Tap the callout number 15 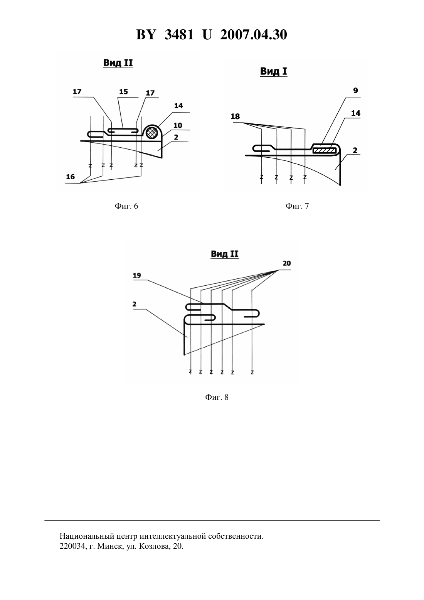123,92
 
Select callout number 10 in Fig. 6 178,125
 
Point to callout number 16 71,177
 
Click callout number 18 235,116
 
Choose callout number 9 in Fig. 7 355,91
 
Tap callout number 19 137,275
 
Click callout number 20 287,263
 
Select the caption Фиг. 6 126,206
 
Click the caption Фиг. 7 297,206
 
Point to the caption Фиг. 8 217,397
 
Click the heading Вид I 274,71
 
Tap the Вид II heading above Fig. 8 225,254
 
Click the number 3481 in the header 179,35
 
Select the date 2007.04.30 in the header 254,35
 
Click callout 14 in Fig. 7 356,113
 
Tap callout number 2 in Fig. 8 135,304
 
